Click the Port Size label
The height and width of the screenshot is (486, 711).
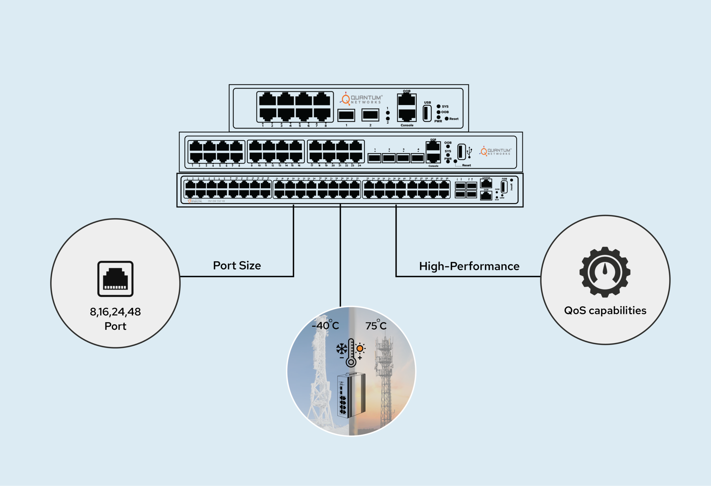237,266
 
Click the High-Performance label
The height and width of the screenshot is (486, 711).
469,266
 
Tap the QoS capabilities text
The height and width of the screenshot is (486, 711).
605,311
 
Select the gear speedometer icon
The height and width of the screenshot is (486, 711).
605,272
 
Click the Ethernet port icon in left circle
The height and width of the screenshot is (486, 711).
115,279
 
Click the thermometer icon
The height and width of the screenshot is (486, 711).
351,353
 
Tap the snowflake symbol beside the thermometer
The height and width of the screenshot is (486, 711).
342,349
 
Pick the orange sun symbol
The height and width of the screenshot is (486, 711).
360,348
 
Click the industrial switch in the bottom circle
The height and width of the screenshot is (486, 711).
351,395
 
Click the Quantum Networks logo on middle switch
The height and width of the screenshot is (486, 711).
495,151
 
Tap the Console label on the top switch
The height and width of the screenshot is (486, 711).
407,125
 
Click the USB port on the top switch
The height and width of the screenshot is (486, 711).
427,113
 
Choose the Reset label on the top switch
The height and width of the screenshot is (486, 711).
454,119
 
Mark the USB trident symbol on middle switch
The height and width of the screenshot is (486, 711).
469,152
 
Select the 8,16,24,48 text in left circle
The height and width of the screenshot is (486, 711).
115,312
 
